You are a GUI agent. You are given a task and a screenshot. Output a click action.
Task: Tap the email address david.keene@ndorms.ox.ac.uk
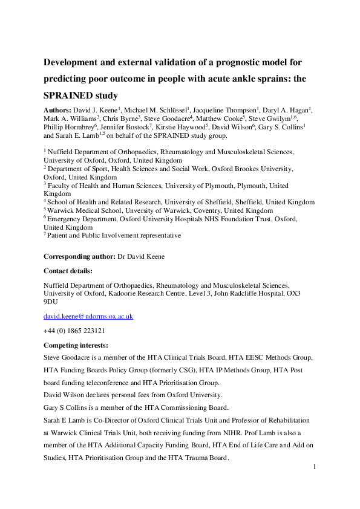pos(88,316)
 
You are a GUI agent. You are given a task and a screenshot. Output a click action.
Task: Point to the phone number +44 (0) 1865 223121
pos(74,331)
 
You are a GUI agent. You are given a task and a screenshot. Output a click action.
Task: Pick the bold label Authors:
pos(59,110)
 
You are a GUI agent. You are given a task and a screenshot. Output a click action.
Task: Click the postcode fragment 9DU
pos(51,302)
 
